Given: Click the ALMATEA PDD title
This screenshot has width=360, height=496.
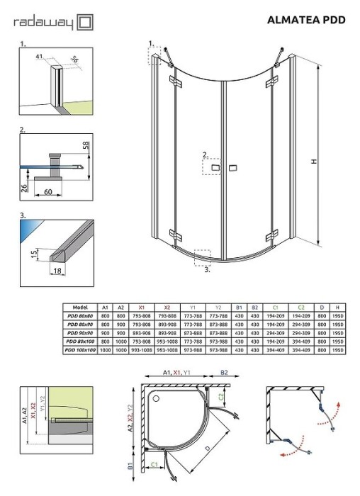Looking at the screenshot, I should (x=307, y=21).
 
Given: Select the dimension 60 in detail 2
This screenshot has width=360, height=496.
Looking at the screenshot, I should (x=48, y=191).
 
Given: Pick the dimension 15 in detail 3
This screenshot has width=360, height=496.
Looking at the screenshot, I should (x=33, y=254).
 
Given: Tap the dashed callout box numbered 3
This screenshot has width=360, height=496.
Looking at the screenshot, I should (x=203, y=257).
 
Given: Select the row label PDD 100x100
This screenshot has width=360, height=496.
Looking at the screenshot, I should (x=79, y=350).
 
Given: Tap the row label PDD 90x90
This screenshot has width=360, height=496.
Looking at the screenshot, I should (x=79, y=333).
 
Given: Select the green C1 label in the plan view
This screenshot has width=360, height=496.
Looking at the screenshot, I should (x=154, y=465).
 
